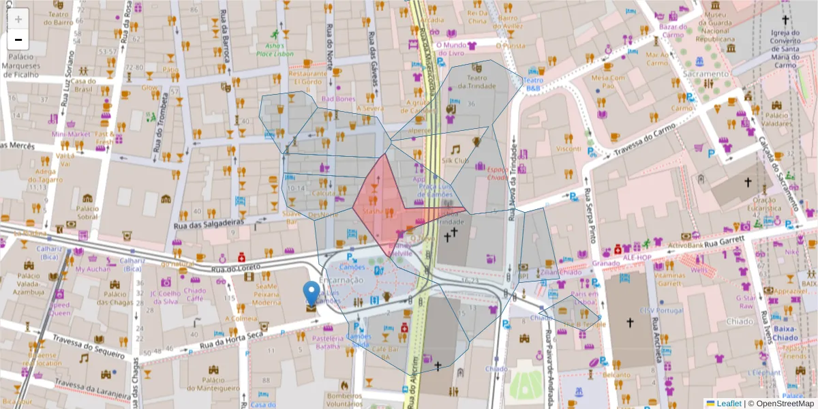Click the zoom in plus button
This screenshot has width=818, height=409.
[18, 18]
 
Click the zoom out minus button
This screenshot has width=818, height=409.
[18, 39]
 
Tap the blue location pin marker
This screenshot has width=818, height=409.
[312, 294]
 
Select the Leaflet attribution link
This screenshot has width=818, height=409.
[729, 404]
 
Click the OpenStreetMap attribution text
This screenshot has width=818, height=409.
[785, 404]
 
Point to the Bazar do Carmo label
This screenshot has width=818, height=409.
[672, 31]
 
